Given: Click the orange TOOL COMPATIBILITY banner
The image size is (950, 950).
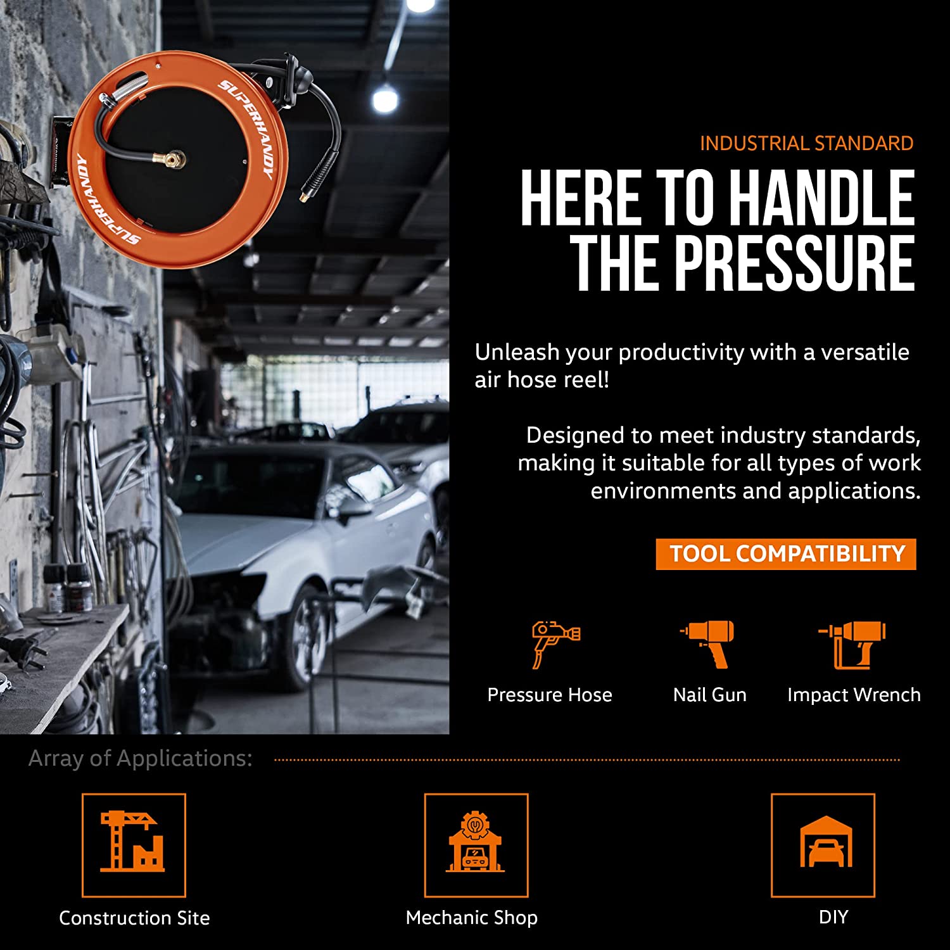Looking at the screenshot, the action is pyautogui.click(x=786, y=554).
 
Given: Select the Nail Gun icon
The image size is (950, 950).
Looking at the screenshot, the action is pyautogui.click(x=708, y=644).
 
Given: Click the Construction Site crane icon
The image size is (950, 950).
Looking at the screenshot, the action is pyautogui.click(x=132, y=841).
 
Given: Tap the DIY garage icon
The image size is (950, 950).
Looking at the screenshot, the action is pyautogui.click(x=826, y=842).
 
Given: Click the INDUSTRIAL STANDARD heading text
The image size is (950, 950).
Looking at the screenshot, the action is pyautogui.click(x=806, y=143).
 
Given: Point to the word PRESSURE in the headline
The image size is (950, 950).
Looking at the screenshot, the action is pyautogui.click(x=794, y=263).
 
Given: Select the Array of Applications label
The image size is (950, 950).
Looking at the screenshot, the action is pyautogui.click(x=141, y=758).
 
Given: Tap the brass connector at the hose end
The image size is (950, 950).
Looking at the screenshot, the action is pyautogui.click(x=306, y=194).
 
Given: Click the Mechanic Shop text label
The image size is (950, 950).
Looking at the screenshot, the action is pyautogui.click(x=472, y=918).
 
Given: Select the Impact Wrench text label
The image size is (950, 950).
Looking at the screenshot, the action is pyautogui.click(x=854, y=695).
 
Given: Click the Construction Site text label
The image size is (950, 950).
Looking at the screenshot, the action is pyautogui.click(x=134, y=918).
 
